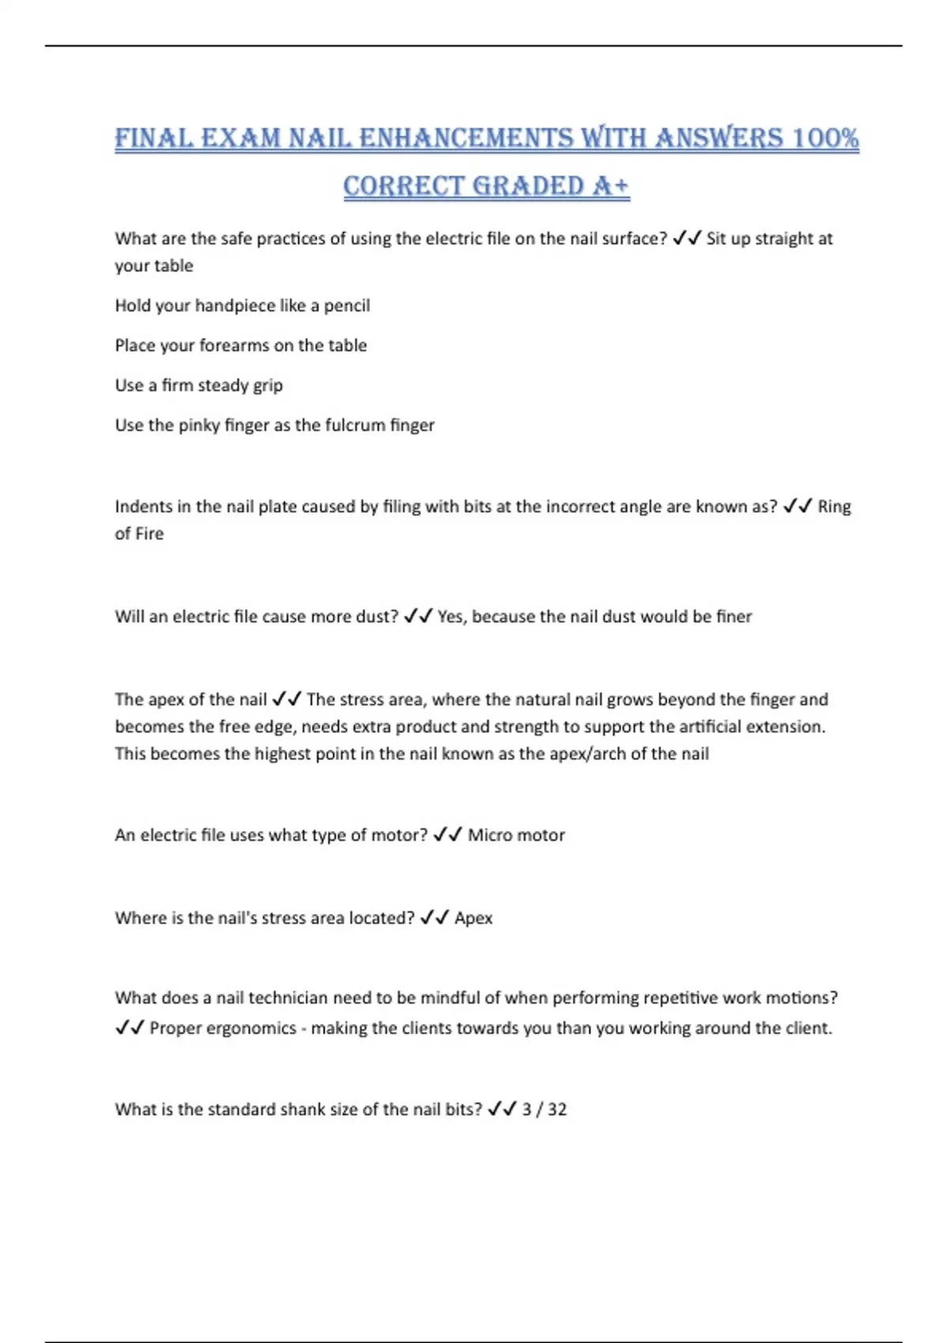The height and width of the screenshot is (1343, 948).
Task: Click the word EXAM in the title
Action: point(241,138)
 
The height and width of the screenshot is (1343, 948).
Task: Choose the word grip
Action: point(266,386)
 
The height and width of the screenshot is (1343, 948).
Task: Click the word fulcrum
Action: point(359,425)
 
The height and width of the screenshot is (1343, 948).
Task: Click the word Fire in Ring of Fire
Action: point(149,533)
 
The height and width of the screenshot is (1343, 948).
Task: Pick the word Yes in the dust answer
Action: point(452,616)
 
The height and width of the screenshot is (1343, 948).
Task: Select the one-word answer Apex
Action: point(473,918)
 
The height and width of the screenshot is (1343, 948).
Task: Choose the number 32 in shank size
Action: point(557,1109)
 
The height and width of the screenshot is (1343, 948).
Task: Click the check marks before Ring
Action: point(797,506)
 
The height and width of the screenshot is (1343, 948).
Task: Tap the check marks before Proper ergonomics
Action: point(130,1028)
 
